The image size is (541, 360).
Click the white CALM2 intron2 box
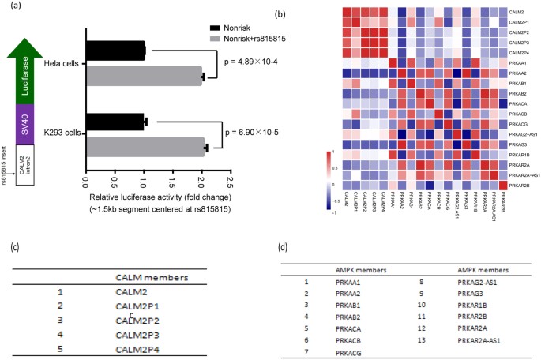tap(29, 167)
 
